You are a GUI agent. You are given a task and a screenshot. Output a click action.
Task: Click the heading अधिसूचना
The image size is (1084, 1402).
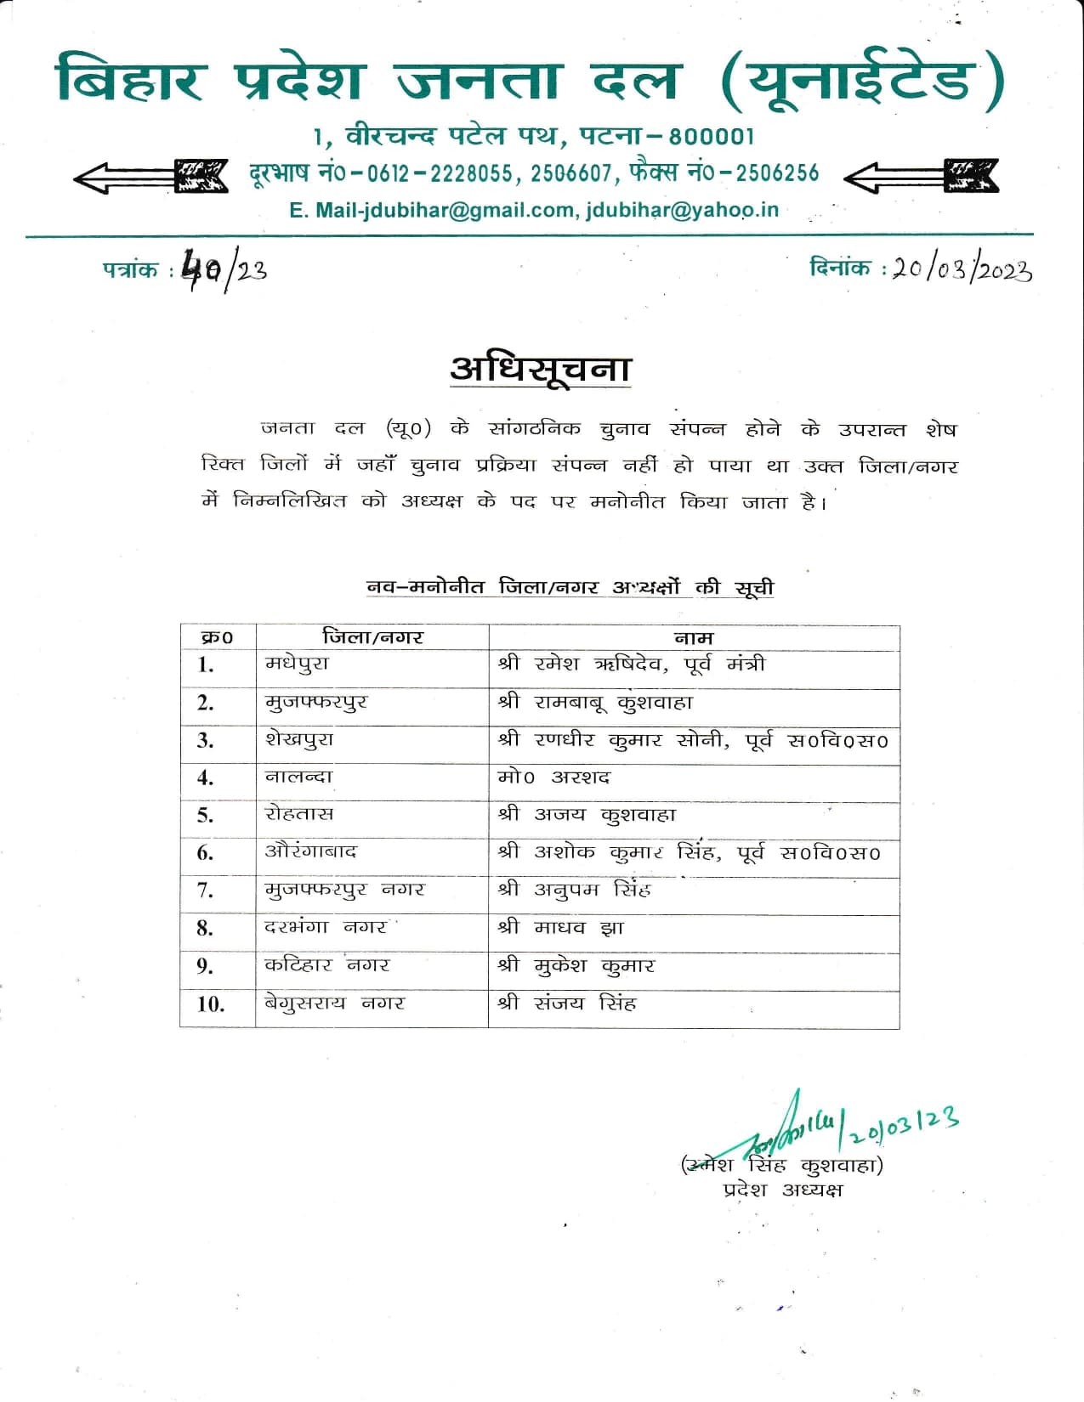coord(541,369)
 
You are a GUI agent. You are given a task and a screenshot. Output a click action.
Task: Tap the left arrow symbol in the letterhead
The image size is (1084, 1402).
coord(150,176)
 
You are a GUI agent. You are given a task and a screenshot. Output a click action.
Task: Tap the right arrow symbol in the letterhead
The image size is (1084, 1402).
coord(921,176)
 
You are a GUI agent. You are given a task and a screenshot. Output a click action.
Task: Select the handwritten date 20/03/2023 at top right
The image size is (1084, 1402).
coord(962,269)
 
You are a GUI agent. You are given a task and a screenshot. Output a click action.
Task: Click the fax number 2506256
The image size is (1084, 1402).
coord(777,173)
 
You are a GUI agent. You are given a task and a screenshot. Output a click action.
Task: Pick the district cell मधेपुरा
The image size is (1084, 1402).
coord(297,664)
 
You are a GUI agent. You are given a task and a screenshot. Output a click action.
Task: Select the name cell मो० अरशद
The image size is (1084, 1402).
coord(553,777)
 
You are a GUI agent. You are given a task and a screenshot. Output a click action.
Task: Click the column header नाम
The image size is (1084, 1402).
coord(694,637)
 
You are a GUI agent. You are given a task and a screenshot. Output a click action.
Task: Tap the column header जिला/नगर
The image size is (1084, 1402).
coord(372,637)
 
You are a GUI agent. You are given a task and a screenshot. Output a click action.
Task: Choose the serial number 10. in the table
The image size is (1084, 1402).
coord(211,1003)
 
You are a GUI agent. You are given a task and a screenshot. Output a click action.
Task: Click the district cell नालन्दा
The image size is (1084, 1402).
coord(298,777)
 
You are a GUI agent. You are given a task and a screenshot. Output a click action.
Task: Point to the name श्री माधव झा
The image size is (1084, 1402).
coord(561,927)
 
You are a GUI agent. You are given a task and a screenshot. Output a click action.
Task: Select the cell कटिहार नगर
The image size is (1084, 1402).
coord(326,965)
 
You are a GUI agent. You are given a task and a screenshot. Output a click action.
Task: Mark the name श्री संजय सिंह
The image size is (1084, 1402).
coord(567,1003)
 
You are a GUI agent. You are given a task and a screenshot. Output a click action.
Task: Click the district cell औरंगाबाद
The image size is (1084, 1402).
coord(311,851)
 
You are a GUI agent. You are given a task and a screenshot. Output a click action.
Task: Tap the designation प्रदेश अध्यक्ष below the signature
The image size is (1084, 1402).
coord(782,1190)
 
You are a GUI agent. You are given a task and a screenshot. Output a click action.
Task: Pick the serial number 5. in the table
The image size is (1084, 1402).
coord(205,815)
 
